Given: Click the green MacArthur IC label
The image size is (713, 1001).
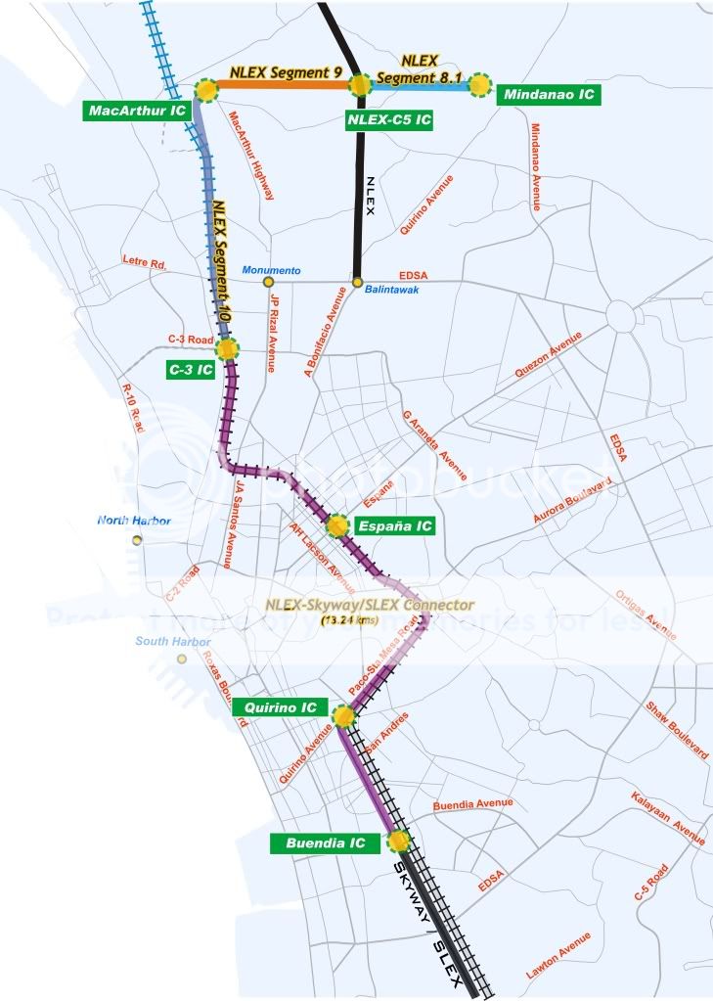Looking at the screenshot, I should [137, 111].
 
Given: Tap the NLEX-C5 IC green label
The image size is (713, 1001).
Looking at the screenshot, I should [388, 120].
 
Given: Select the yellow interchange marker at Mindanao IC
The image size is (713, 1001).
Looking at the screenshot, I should [478, 85].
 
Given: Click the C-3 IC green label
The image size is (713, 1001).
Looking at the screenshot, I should [190, 370].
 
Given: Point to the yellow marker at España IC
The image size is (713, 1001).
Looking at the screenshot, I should [337, 525].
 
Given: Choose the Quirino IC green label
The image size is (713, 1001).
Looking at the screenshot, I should [280, 706].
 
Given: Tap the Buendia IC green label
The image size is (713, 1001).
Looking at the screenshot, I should [329, 842].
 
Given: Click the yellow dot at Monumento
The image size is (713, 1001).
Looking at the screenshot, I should [268, 282].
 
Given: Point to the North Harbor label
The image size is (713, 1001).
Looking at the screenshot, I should [134, 521].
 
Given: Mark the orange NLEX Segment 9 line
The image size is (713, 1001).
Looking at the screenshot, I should [284, 85].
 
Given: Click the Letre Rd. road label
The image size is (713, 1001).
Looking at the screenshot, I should [146, 261].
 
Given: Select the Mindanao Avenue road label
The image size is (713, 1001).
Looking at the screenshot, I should [535, 166].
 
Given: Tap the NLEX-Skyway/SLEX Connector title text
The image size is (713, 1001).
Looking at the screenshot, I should [370, 605].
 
